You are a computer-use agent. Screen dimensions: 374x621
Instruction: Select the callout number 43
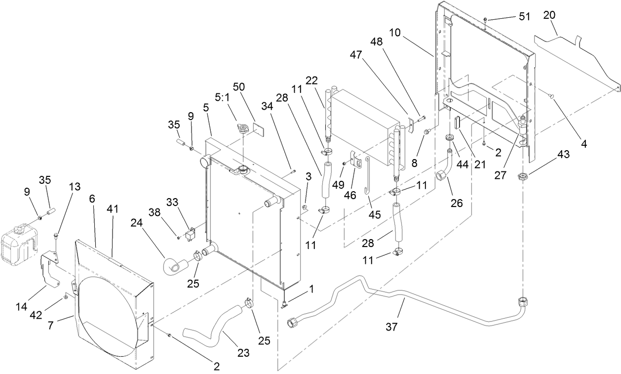click(564, 155)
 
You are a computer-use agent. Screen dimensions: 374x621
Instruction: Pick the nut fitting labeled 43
click(523, 176)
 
